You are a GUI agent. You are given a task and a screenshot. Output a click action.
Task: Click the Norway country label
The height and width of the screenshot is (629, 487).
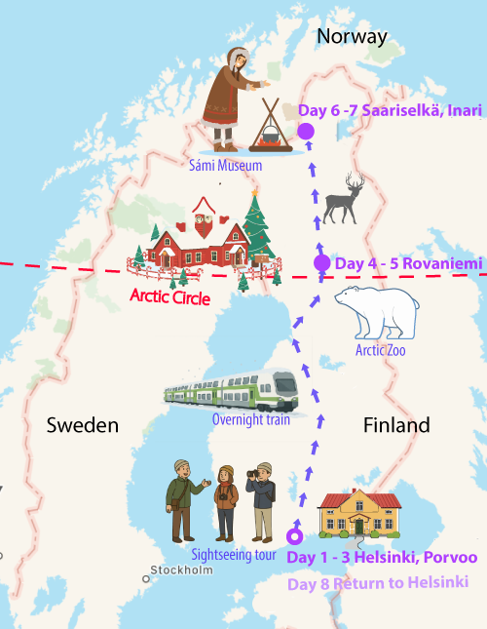tap(352, 37)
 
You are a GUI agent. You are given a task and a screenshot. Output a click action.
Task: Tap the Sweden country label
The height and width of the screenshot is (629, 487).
tap(83, 426)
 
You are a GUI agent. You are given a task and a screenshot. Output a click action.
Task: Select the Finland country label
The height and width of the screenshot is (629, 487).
tap(396, 426)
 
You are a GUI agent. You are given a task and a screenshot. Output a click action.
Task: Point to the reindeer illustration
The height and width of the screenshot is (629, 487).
tap(343, 199)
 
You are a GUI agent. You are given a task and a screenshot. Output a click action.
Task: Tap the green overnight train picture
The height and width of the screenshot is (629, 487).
tap(231, 390)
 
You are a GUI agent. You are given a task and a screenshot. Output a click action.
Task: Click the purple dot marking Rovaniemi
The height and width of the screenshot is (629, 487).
tap(321, 263)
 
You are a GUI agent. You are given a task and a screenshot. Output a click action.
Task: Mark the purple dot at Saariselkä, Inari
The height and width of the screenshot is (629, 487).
tap(306, 131)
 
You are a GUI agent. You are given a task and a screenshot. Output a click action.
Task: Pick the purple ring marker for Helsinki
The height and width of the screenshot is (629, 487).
tap(294, 536)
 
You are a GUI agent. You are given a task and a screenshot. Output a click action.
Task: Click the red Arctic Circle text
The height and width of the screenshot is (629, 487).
tap(169, 295)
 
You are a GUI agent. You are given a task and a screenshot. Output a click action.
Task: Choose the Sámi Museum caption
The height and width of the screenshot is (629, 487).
tap(226, 166)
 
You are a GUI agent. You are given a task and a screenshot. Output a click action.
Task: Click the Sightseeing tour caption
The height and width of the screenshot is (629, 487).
tap(234, 556)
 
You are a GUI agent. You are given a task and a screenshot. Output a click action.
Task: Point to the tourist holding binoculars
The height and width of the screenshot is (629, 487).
tap(261, 500)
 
